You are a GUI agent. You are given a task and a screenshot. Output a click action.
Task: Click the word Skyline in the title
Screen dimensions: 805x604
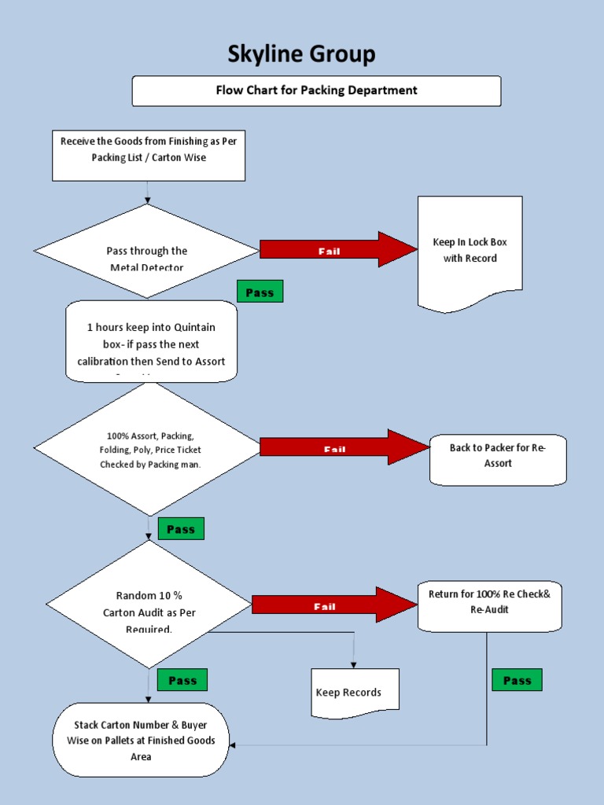coord(264,54)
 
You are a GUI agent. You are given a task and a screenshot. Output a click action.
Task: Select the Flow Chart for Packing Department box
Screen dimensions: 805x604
coord(316,90)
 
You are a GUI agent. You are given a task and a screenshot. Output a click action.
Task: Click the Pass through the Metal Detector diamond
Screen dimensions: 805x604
coord(147,252)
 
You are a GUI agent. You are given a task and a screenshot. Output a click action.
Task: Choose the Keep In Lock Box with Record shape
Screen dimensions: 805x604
coord(470,252)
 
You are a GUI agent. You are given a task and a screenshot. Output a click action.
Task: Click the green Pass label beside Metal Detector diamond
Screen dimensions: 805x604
coord(260,292)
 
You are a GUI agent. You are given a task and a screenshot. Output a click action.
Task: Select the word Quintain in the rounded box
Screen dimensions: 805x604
coord(190,327)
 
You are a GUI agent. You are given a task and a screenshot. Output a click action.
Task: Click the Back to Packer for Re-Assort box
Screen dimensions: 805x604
coord(497,456)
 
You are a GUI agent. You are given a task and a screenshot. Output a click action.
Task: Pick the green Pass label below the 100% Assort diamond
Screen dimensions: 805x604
coord(181,529)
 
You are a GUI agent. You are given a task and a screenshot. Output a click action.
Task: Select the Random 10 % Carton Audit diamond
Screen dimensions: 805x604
coord(149,605)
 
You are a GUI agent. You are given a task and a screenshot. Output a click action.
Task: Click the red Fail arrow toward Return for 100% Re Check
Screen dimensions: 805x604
coord(333,605)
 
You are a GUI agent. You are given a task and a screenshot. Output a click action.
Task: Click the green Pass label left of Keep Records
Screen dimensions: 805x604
coord(182,680)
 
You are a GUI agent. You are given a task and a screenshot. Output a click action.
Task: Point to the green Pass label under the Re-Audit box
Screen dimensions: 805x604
coord(517,680)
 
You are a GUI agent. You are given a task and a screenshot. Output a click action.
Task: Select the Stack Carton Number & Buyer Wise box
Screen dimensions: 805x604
coord(141,740)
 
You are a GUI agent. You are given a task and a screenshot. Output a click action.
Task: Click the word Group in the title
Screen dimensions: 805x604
coord(341,54)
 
